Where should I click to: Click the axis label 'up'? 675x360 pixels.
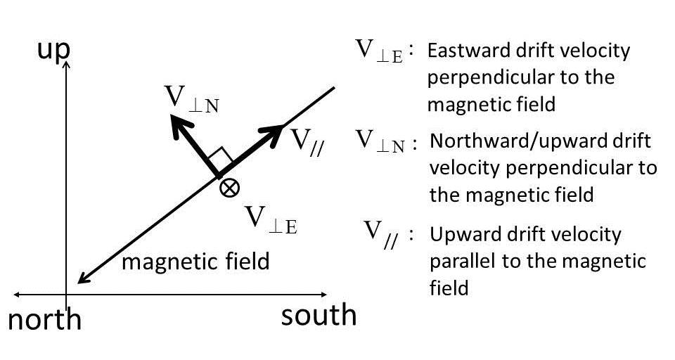pos(53,51)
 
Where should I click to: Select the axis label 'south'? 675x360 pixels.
pos(319,315)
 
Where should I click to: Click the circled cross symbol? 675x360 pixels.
pos(229,188)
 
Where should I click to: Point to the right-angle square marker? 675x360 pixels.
pos(220,158)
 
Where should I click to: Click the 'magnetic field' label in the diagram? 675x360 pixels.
pos(196,262)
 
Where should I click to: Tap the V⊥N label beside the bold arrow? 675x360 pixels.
pos(191,99)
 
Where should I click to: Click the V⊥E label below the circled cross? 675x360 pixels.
pos(271,220)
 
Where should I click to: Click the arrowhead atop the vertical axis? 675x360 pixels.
pos(66,65)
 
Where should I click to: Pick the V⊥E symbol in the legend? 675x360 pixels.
pos(379,51)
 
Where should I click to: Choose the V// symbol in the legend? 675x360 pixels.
pos(381,235)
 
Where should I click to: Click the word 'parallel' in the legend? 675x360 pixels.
pos(458,262)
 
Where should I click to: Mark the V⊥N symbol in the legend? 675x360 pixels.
pos(380,141)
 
